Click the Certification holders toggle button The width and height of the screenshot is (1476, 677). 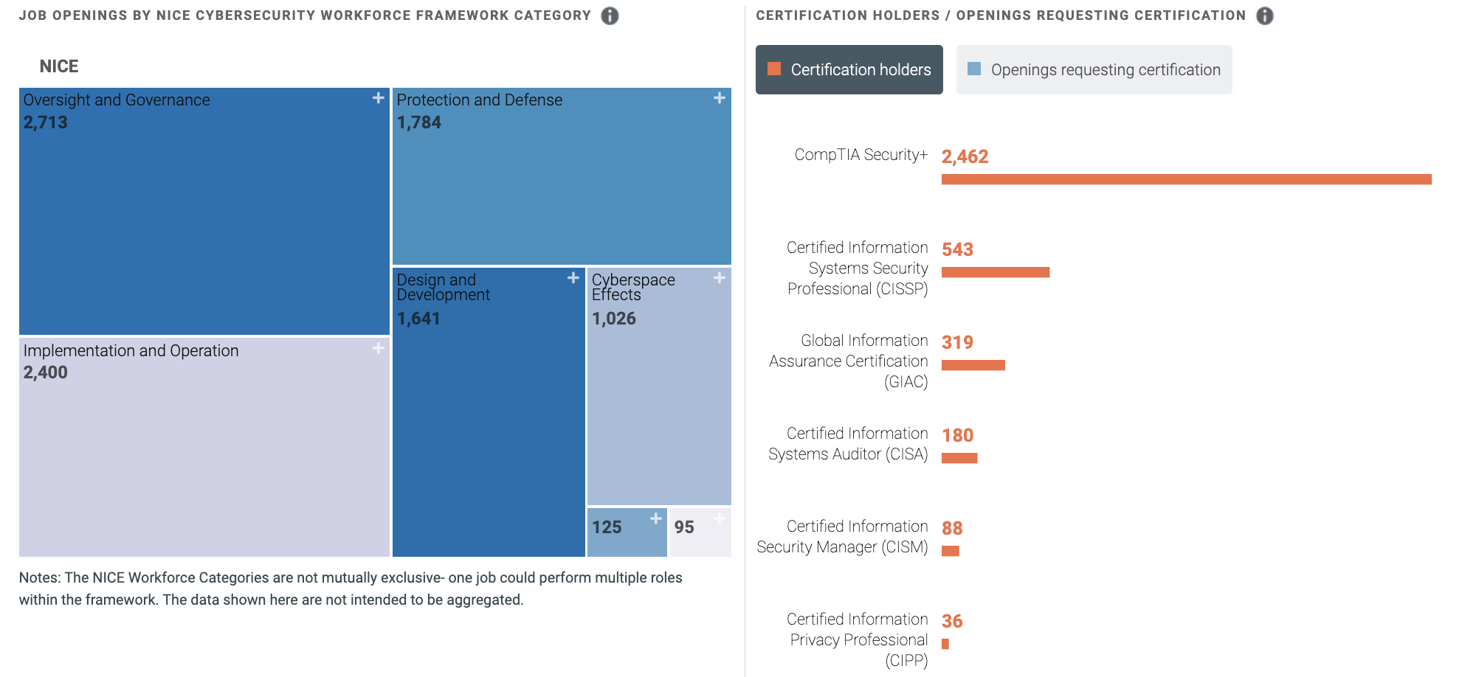coord(849,69)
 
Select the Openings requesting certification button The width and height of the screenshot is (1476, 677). coord(1094,69)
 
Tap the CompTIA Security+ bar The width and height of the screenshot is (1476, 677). coord(1186,179)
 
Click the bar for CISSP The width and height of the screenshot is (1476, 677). coord(995,272)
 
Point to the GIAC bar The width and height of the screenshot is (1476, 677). coord(973,365)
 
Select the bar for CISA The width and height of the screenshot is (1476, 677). coord(959,458)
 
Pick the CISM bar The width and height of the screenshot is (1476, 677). coord(951,551)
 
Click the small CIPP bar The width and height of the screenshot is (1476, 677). coord(945,644)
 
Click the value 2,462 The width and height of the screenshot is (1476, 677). coord(965,156)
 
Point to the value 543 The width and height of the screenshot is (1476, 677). coord(957,249)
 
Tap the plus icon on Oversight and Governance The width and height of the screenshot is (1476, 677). coord(378,98)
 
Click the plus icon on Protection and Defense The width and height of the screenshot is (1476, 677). coord(719,98)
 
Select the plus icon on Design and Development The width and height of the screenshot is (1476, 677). coord(573,278)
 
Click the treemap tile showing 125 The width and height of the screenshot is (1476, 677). coord(626,532)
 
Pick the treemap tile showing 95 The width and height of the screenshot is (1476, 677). coord(700,532)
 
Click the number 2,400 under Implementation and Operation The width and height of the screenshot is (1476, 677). coord(45,372)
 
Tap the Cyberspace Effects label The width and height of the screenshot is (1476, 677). coord(632,287)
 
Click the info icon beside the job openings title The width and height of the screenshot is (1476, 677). coord(610,15)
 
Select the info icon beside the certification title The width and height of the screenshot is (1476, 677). coord(1264,15)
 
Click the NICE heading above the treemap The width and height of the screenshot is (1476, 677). coord(59,66)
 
